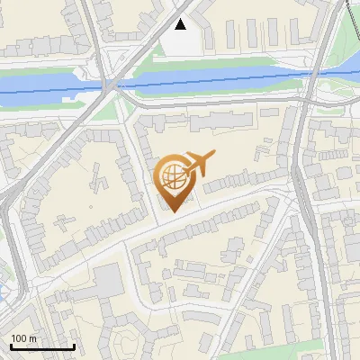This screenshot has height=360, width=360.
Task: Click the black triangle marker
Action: tap(181, 24)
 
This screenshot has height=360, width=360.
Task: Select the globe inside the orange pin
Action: tap(173, 176)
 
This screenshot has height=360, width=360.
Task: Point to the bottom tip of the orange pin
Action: tap(173, 211)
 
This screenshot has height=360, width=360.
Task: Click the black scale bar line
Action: tap(42, 346)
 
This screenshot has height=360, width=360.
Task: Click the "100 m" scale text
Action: tap(24, 338)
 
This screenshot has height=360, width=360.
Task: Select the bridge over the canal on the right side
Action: tap(310, 76)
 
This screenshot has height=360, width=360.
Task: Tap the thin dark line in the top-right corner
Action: tap(350, 18)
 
